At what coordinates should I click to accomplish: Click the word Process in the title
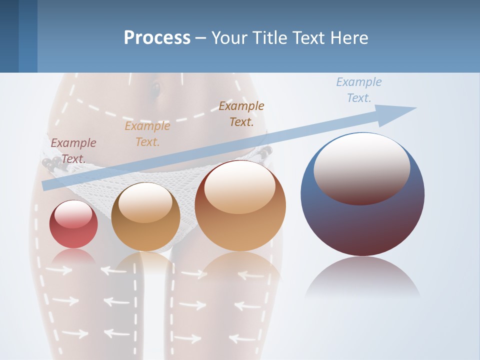click(x=157, y=38)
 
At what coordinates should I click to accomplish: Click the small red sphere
click(x=73, y=230)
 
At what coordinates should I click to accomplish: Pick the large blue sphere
click(x=362, y=220)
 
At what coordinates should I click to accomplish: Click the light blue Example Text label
click(x=358, y=89)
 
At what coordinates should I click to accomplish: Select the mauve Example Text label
click(x=73, y=150)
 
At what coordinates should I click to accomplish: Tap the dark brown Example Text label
click(x=241, y=113)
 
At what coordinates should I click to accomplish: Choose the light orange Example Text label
click(x=147, y=133)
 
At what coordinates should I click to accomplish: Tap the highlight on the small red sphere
click(x=73, y=213)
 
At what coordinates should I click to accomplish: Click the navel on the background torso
click(x=155, y=90)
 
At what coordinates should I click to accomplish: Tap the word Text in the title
click(x=308, y=38)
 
